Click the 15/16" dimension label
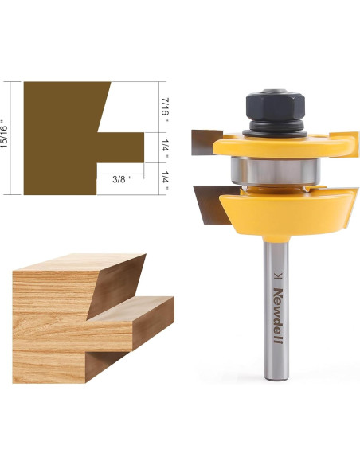[x=4, y=134]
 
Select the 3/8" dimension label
[x=122, y=179]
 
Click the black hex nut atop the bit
[x=276, y=104]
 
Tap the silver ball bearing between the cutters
[x=276, y=171]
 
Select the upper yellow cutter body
[x=284, y=146]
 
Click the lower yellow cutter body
[x=287, y=212]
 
